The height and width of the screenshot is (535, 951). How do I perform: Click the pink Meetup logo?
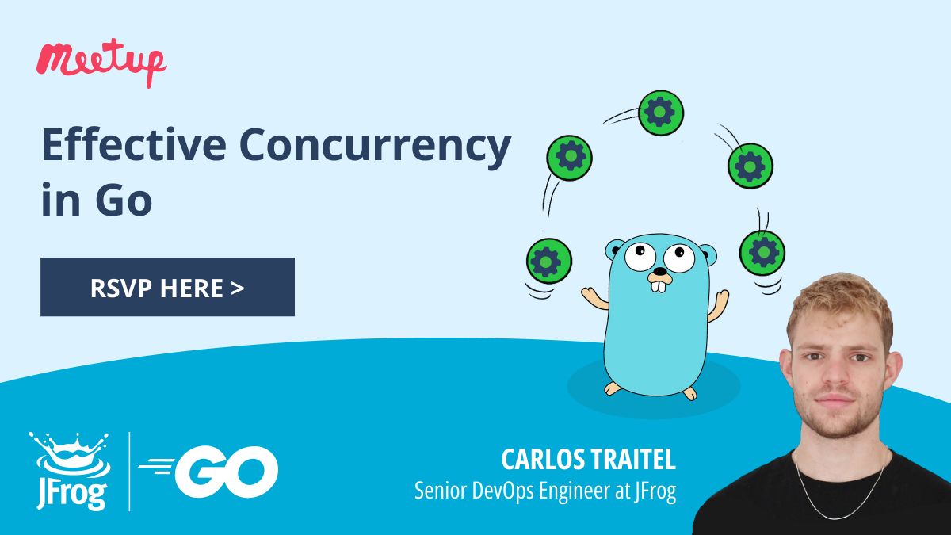point(101,62)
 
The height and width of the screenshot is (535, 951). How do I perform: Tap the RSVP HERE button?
point(167,287)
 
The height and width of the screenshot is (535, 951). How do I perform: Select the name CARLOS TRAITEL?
point(588,460)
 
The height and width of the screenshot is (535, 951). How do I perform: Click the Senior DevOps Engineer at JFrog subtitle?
point(545,491)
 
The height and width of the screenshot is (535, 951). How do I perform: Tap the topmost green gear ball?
point(661,113)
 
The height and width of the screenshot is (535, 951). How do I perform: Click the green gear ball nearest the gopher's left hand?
point(549,261)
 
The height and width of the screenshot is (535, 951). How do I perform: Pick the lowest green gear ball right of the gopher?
point(762,253)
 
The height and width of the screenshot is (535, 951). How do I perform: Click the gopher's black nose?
point(659,271)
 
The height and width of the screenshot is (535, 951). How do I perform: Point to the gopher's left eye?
point(640,257)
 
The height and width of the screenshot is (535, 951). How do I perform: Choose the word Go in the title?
point(123,199)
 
